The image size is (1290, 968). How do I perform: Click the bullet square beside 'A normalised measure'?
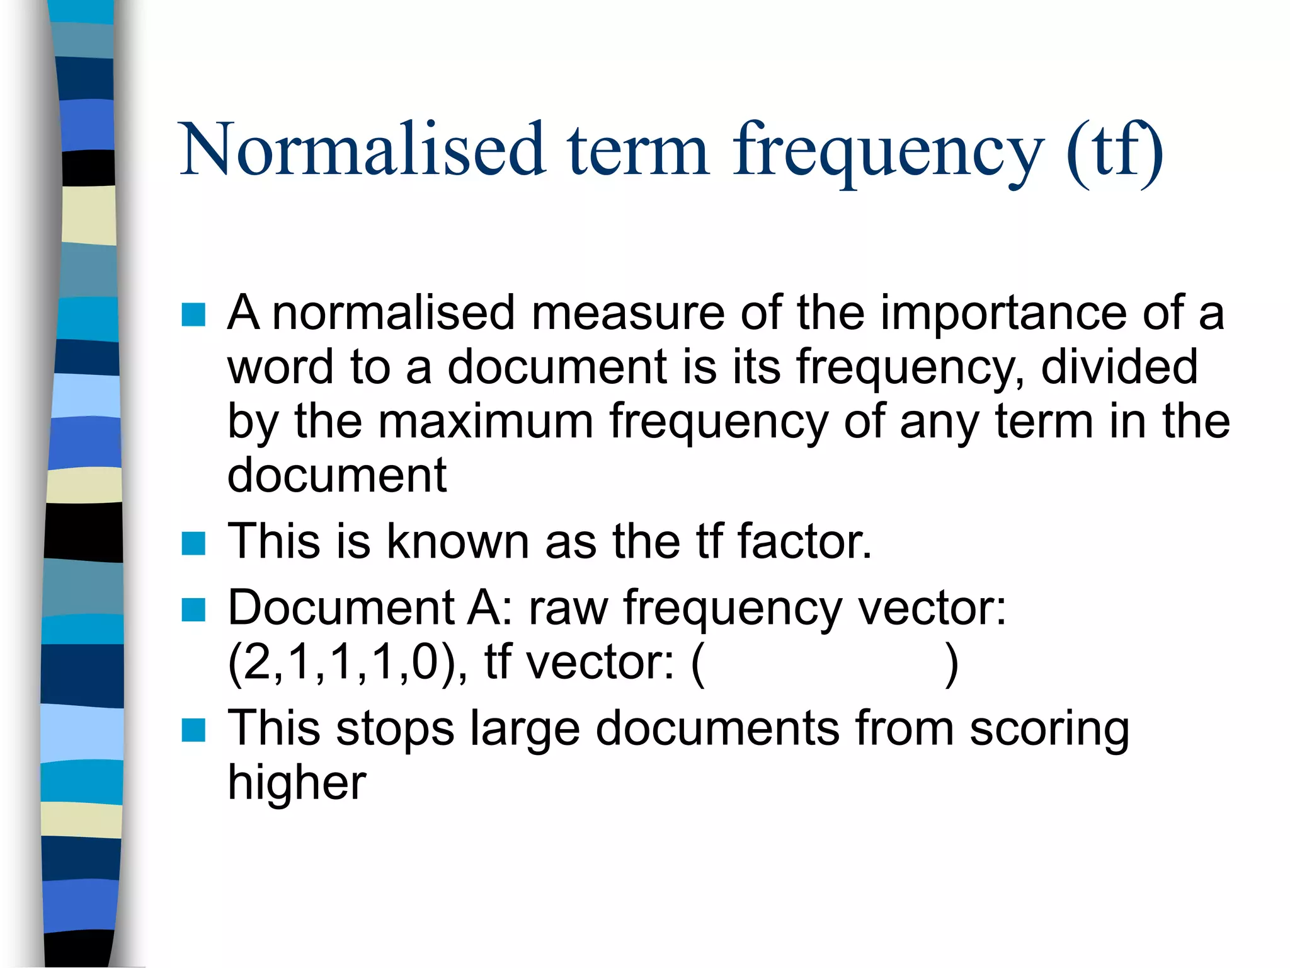point(193,314)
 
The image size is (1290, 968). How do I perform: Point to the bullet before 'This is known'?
point(193,543)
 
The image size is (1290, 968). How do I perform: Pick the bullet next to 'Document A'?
point(193,609)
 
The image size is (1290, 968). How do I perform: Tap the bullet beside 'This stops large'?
point(193,730)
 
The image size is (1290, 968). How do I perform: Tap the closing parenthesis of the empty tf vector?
point(952,664)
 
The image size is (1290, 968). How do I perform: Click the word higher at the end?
point(297,783)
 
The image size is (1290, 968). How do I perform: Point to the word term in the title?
point(637,150)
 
